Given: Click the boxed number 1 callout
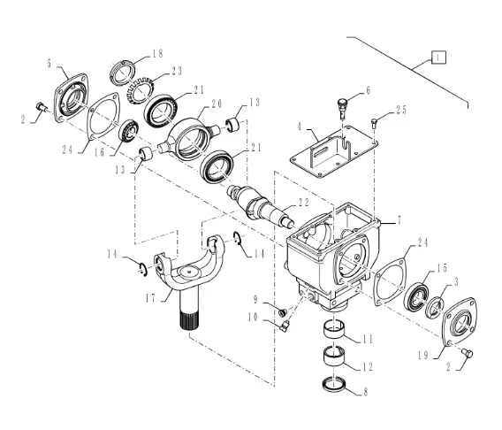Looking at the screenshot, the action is pyautogui.click(x=438, y=57).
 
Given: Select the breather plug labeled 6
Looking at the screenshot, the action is pyautogui.click(x=342, y=107).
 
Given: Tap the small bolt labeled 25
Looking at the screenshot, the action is pyautogui.click(x=374, y=123).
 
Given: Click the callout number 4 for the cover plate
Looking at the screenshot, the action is pyautogui.click(x=300, y=127).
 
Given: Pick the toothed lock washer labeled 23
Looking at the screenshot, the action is pyautogui.click(x=141, y=90).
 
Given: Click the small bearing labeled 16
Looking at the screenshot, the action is pyautogui.click(x=129, y=130).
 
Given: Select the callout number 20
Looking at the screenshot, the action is pyautogui.click(x=217, y=104).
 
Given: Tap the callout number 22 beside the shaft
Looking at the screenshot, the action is pyautogui.click(x=304, y=203).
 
